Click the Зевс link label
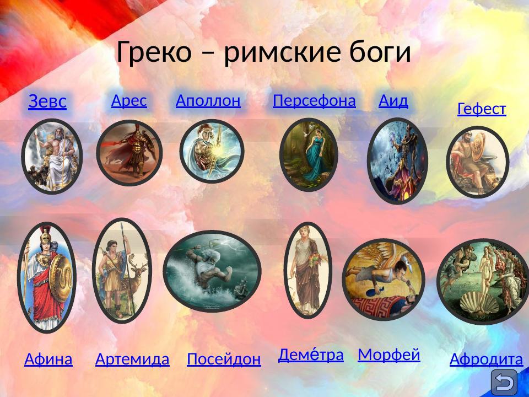pyautogui.click(x=47, y=101)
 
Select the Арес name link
pyautogui.click(x=129, y=100)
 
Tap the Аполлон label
pyautogui.click(x=208, y=100)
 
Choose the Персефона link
pyautogui.click(x=314, y=100)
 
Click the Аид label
pyautogui.click(x=393, y=100)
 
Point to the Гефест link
pyautogui.click(x=482, y=109)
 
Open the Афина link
pyautogui.click(x=48, y=360)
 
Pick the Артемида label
pyautogui.click(x=132, y=360)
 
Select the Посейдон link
pyautogui.click(x=224, y=360)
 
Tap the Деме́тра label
pyautogui.click(x=311, y=355)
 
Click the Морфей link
pyautogui.click(x=389, y=355)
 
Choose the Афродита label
pyautogui.click(x=486, y=360)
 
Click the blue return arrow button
pyautogui.click(x=504, y=382)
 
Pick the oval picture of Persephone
pyautogui.click(x=308, y=154)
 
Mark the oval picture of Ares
pyautogui.click(x=129, y=153)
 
